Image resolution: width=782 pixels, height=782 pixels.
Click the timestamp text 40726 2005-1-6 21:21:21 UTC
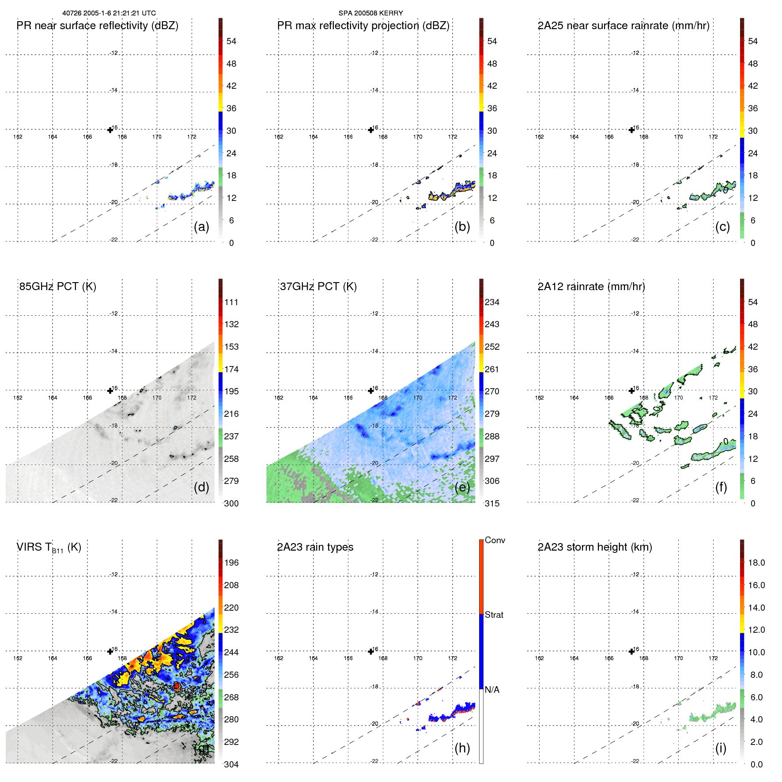(109, 13)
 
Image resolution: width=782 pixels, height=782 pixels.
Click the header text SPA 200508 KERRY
(370, 13)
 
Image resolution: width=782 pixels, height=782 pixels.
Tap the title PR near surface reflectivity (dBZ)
(98, 26)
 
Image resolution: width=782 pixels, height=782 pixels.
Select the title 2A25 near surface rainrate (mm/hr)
(623, 26)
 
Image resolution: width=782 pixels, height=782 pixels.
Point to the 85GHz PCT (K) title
(58, 287)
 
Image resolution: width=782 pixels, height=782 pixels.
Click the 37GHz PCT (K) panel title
(318, 287)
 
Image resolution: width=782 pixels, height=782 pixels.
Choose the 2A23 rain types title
(315, 547)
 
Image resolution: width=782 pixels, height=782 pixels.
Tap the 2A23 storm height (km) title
(595, 547)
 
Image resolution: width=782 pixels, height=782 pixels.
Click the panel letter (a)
(201, 227)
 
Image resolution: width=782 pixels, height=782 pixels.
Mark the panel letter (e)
(462, 487)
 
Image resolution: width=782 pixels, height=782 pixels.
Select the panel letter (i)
(721, 748)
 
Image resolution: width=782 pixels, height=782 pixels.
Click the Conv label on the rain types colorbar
(495, 540)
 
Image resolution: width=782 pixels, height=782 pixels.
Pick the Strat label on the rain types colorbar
(494, 615)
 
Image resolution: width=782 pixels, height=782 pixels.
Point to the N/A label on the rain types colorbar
(492, 690)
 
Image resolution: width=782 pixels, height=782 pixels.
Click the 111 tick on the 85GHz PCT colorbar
(231, 302)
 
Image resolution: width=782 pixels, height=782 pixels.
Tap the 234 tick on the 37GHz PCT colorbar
(492, 302)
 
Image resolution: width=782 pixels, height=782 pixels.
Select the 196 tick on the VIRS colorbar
(231, 563)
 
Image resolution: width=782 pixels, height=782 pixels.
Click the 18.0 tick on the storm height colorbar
(756, 563)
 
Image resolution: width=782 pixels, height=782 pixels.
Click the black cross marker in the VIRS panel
(110, 652)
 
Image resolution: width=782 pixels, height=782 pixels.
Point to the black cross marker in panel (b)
(371, 130)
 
